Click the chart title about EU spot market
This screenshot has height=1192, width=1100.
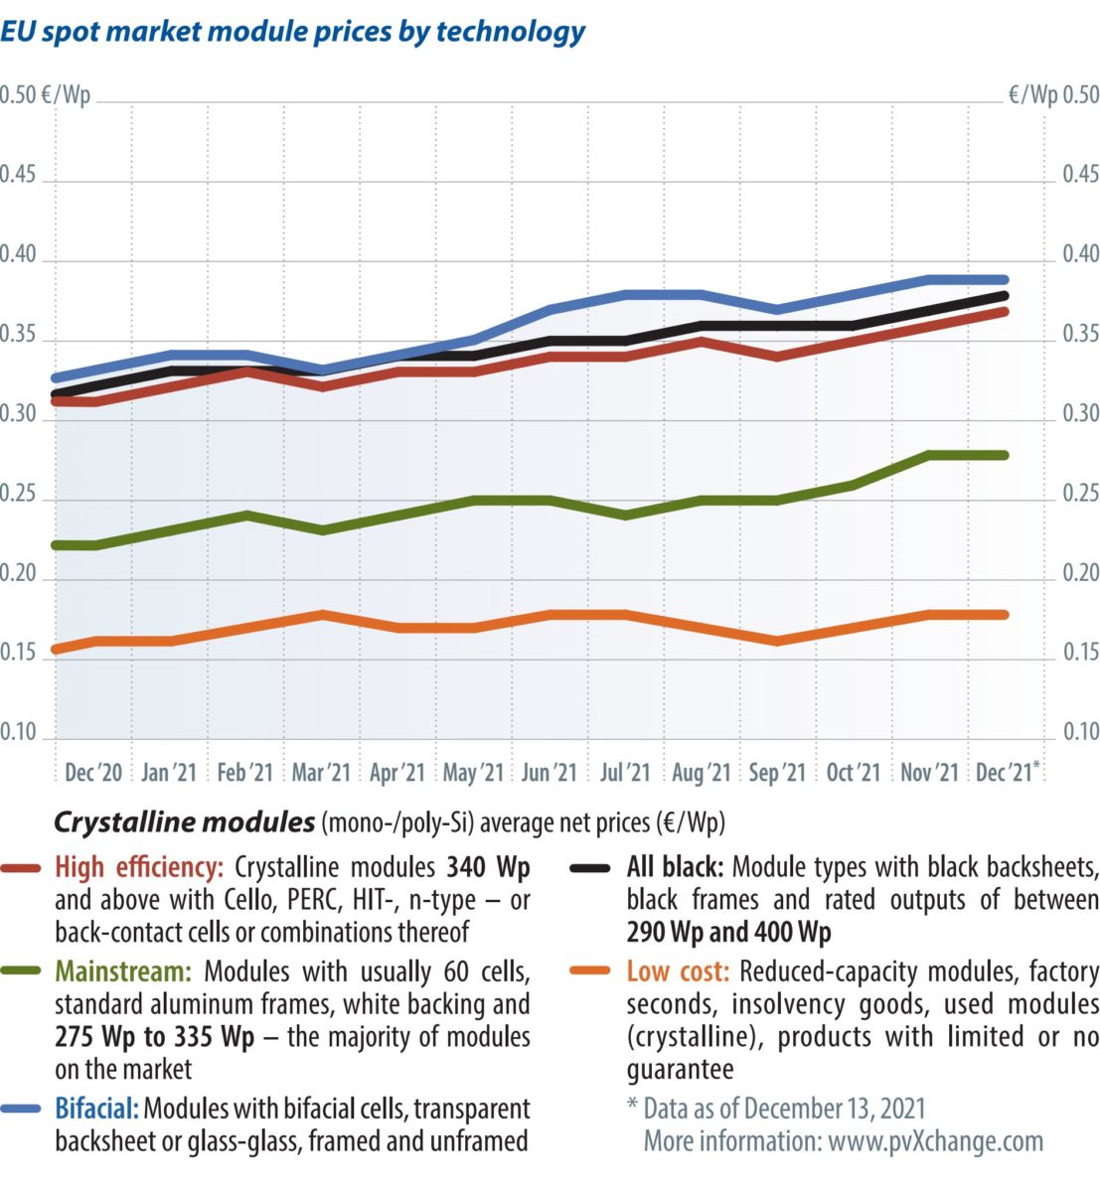tap(293, 32)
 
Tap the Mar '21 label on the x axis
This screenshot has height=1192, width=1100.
tap(321, 773)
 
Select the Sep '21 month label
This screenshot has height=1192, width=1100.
tap(777, 773)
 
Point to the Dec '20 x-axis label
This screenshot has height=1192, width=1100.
tap(93, 773)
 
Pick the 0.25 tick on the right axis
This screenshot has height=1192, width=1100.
tap(1080, 494)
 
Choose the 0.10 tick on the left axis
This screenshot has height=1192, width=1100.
tap(19, 732)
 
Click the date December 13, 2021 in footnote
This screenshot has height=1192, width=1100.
tap(834, 1109)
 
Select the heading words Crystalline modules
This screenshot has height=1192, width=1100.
tap(184, 823)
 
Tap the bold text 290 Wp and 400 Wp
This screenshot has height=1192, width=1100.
tap(728, 934)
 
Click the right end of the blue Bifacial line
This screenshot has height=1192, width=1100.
tap(1005, 280)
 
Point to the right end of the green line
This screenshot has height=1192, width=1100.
tap(1005, 455)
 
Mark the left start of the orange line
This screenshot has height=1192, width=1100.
tap(56, 650)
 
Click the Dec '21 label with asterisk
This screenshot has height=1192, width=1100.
tap(1008, 773)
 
